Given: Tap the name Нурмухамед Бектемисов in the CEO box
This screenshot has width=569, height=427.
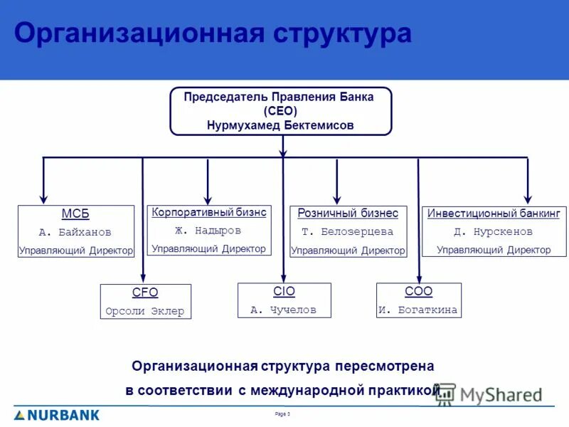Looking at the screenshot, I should [x=280, y=125].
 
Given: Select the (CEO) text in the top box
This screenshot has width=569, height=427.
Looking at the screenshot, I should [x=280, y=111].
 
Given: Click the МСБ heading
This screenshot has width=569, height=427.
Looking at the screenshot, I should [x=75, y=214].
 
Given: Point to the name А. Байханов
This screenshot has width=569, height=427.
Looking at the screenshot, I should [x=75, y=232].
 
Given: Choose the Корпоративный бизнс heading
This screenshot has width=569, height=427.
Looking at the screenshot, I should [x=208, y=212].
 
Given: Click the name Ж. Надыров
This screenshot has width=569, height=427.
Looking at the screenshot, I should [x=208, y=231].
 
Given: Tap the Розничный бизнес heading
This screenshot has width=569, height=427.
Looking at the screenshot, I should [x=348, y=213].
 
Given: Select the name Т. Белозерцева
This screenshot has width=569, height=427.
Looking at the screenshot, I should [x=348, y=232].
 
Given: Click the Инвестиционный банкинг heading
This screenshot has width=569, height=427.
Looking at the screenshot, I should [x=494, y=213].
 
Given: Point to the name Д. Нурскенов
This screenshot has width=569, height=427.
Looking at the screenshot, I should [x=494, y=232].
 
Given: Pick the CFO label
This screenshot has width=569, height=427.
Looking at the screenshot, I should [x=145, y=292].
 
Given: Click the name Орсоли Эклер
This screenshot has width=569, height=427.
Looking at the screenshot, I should [x=145, y=311].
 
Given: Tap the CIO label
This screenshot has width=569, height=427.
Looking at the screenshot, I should [x=284, y=291].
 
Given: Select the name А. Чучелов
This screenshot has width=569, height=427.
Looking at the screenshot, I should [x=284, y=310].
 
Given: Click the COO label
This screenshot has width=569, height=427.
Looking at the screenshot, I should [x=418, y=291].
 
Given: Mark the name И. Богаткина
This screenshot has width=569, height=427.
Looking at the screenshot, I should [x=418, y=310].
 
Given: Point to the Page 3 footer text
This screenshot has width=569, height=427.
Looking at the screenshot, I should [x=282, y=413].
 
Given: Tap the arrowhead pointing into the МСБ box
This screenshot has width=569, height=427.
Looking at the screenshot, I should [x=44, y=200].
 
